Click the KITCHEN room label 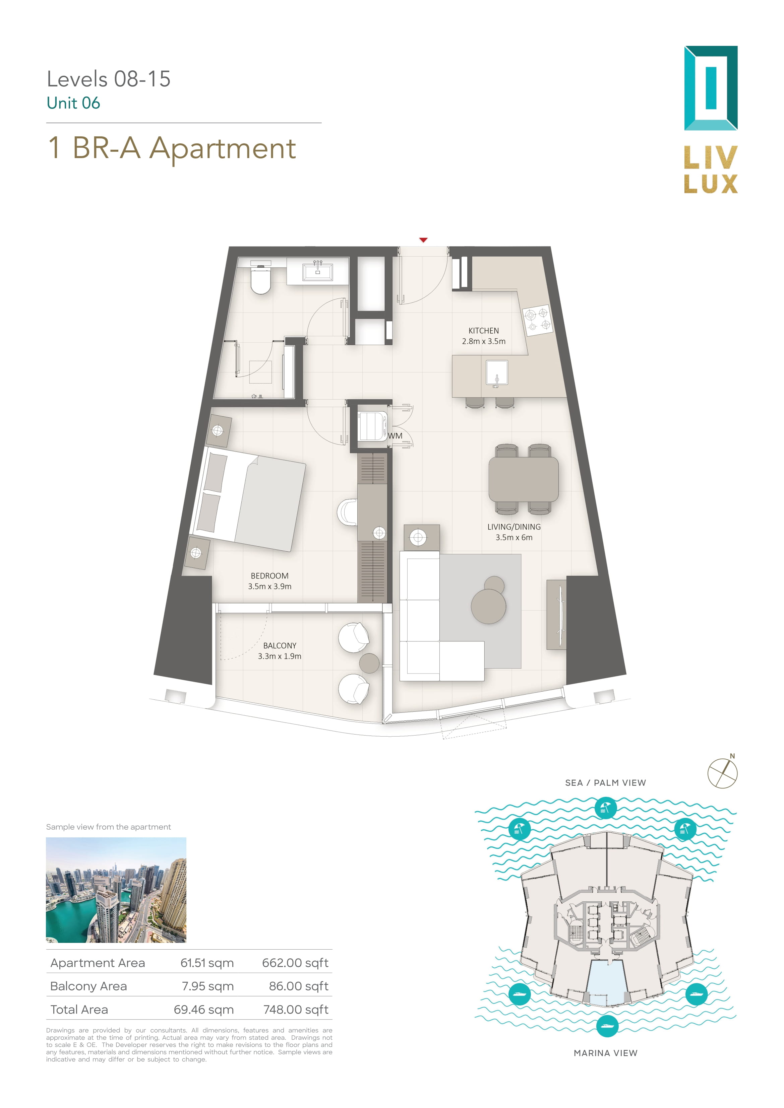coord(484,331)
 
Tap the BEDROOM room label coord(269,576)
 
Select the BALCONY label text coord(280,646)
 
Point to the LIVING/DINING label coord(514,527)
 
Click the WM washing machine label coord(395,436)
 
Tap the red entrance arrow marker coord(423,240)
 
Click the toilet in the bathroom coord(261,277)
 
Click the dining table coord(523,479)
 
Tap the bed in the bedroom coord(248,499)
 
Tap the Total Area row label coord(79,1009)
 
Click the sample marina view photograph coord(116,890)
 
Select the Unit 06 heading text coord(73,103)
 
